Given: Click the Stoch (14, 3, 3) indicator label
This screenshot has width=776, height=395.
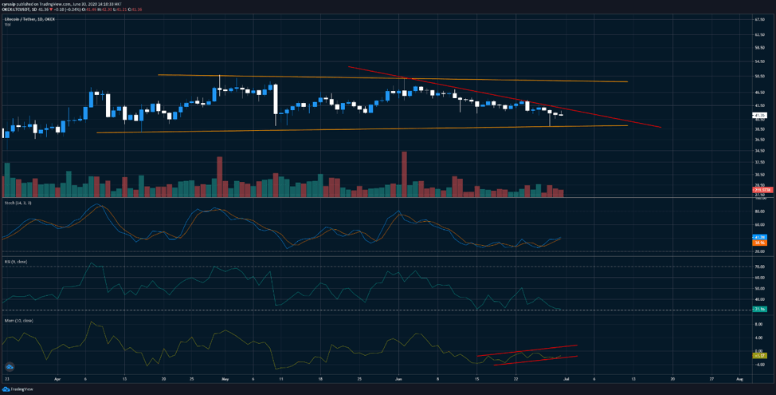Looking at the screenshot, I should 16,203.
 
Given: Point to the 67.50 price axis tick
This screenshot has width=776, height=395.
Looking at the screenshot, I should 759,34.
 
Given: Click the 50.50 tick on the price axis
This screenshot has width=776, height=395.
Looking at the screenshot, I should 759,77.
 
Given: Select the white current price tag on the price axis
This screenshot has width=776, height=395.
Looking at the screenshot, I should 759,115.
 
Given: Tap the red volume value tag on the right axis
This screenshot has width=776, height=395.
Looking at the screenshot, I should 759,189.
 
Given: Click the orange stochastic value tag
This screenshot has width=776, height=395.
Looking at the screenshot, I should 759,243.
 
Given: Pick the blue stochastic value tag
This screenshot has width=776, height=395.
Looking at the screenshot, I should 759,237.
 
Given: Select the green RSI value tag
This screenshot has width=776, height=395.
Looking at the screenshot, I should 759,309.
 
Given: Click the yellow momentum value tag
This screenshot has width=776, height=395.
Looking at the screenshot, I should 759,355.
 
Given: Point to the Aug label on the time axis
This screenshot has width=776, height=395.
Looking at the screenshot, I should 739,378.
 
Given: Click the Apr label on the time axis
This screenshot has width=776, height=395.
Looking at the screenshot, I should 57,378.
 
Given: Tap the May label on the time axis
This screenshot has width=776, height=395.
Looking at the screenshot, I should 225,378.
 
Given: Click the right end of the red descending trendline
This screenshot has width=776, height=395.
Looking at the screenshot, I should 660,127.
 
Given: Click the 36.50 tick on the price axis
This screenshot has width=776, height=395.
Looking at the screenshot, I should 759,140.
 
